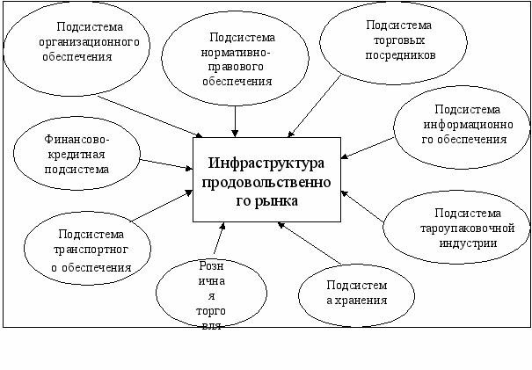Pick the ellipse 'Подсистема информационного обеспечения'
pyautogui.click(x=459, y=127)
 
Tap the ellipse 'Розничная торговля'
pyautogui.click(x=208, y=294)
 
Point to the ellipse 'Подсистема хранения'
pyautogui.click(x=356, y=293)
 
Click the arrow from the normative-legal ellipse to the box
pyautogui.click(x=237, y=120)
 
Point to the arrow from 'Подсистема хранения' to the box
pyautogui.click(x=308, y=243)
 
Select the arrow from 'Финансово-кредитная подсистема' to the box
pyautogui.click(x=167, y=164)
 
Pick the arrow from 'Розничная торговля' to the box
pyautogui.click(x=216, y=238)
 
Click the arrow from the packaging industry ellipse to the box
pyautogui.click(x=362, y=207)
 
